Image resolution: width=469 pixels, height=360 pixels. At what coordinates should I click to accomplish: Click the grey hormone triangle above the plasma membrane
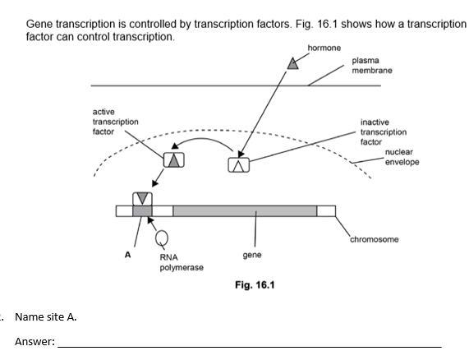point(293,64)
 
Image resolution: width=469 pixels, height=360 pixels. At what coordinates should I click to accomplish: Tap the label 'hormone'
point(324,48)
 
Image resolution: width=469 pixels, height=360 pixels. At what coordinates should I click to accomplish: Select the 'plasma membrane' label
point(372,65)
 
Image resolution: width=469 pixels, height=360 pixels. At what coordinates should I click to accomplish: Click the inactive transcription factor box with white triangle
point(239,165)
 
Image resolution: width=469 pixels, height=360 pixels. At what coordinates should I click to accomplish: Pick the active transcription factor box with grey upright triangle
point(174,159)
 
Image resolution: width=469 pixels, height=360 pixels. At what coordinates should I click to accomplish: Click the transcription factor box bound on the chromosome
point(142,199)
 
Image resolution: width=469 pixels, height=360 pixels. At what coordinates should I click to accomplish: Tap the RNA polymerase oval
point(162,238)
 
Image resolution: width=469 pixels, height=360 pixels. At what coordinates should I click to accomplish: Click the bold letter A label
point(127,255)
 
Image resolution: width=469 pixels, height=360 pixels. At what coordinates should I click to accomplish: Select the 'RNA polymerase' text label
point(182,262)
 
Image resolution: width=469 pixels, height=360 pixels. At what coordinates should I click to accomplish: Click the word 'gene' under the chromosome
point(252,256)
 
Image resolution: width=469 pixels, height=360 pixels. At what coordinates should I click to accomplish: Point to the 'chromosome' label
point(375,239)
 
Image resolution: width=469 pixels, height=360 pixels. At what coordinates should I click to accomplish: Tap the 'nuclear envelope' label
point(402,157)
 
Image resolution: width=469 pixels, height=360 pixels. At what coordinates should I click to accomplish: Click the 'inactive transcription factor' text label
point(384,132)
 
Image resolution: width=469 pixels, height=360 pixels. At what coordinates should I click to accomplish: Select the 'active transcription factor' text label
point(116,122)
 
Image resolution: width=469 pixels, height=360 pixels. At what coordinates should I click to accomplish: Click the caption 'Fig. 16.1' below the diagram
point(255,285)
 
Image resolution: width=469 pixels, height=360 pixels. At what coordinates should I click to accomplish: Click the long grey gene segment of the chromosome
point(245,211)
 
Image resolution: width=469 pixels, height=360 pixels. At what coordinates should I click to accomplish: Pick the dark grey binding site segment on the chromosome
point(142,211)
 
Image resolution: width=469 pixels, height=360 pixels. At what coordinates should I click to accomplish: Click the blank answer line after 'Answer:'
point(250,347)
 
